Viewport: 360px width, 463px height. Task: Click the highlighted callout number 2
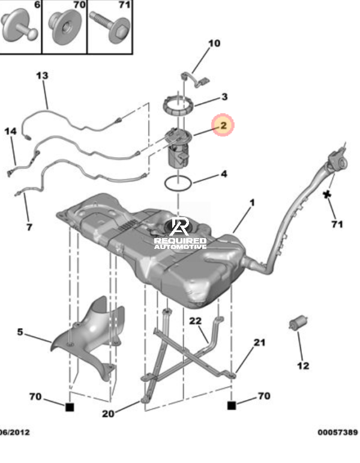pyautogui.click(x=223, y=125)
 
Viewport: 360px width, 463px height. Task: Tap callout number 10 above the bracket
pyautogui.click(x=214, y=43)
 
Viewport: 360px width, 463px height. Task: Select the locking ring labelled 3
pyautogui.click(x=178, y=106)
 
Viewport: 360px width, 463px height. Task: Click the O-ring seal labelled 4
pyautogui.click(x=178, y=184)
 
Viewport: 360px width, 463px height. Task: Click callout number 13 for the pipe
pyautogui.click(x=42, y=76)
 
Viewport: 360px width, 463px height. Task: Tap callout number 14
pyautogui.click(x=11, y=131)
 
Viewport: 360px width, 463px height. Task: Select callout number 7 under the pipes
pyautogui.click(x=29, y=227)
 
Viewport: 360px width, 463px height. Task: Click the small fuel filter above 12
pyautogui.click(x=298, y=323)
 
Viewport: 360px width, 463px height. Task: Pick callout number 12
pyautogui.click(x=303, y=366)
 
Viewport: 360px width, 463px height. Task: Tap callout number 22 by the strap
pyautogui.click(x=195, y=321)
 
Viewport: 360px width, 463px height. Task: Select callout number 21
pyautogui.click(x=259, y=342)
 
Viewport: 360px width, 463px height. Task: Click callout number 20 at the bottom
pyautogui.click(x=108, y=414)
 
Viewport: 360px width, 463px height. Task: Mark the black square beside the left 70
pyautogui.click(x=70, y=407)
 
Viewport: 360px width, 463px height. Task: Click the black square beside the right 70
pyautogui.click(x=232, y=405)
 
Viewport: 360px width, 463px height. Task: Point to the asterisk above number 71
pyautogui.click(x=326, y=194)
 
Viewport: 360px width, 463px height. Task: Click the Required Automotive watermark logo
pyautogui.click(x=180, y=233)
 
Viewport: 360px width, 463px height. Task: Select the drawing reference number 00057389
pyautogui.click(x=338, y=432)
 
